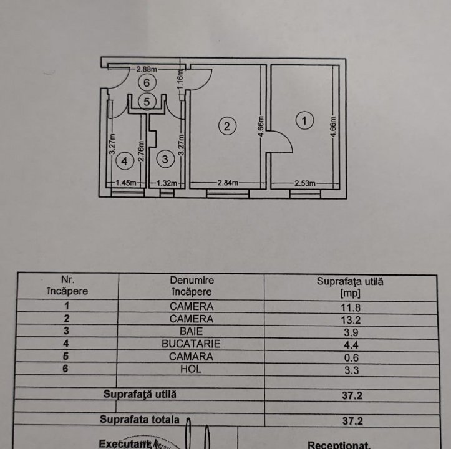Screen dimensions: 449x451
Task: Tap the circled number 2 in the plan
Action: click(x=227, y=126)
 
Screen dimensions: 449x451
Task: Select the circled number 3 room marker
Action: click(x=165, y=160)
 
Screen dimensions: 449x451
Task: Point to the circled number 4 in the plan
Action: click(x=125, y=162)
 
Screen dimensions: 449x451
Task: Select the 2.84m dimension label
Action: click(x=229, y=183)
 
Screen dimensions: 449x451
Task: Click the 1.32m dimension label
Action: click(x=165, y=183)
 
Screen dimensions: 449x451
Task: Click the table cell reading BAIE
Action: click(x=191, y=331)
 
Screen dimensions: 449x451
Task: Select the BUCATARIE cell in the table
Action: click(x=191, y=344)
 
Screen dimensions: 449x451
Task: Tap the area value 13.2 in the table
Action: click(x=349, y=319)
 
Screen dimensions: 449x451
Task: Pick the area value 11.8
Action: click(x=349, y=306)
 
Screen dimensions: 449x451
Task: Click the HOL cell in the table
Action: click(x=191, y=369)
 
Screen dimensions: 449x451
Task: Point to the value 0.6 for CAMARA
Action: click(x=349, y=357)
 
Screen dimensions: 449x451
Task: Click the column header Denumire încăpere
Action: click(x=191, y=286)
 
